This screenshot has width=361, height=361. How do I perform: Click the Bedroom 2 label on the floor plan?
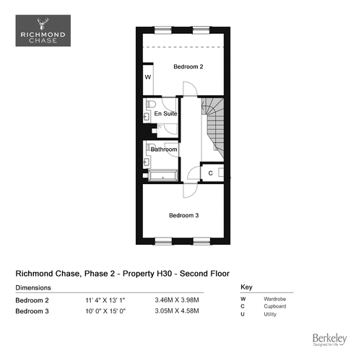pyautogui.click(x=188, y=66)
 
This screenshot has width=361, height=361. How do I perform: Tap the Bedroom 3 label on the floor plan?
pyautogui.click(x=184, y=215)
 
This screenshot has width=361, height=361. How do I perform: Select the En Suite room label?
pyautogui.click(x=165, y=113)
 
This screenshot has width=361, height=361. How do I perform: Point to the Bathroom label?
pyautogui.click(x=164, y=149)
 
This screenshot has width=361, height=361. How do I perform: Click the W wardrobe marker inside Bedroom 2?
pyautogui.click(x=148, y=77)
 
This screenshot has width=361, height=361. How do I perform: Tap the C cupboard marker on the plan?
pyautogui.click(x=211, y=173)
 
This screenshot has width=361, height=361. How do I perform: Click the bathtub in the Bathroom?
pyautogui.click(x=163, y=175)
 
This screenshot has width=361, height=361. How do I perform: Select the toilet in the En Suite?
pyautogui.click(x=151, y=104)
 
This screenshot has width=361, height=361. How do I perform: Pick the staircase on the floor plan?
pyautogui.click(x=213, y=129)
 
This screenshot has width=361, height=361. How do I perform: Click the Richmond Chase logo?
pyautogui.click(x=43, y=30)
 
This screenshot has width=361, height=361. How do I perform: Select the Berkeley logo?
pyautogui.click(x=330, y=339)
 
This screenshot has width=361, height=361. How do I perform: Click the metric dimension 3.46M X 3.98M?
pyautogui.click(x=177, y=300)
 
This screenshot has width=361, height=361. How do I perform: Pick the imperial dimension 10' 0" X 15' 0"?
pyautogui.click(x=105, y=311)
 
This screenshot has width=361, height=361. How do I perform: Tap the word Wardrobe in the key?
pyautogui.click(x=275, y=299)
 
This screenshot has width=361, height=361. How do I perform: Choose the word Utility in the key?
pyautogui.click(x=270, y=314)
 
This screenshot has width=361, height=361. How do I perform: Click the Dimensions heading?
pyautogui.click(x=33, y=288)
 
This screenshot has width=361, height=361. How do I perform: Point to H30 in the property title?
pyautogui.click(x=165, y=274)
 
